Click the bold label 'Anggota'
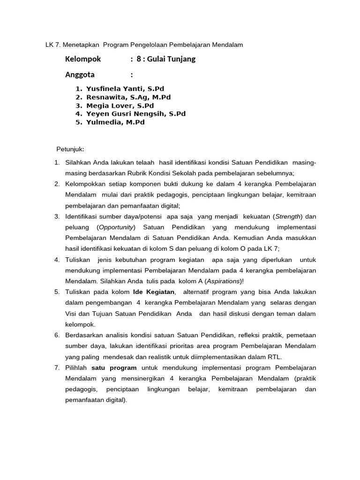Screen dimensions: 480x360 point(80,75)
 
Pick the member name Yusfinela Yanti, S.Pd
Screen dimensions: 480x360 point(125,89)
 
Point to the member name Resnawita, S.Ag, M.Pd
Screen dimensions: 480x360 point(128,97)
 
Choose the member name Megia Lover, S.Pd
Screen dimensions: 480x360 point(120,105)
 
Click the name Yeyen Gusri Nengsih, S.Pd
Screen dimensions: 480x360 point(136,114)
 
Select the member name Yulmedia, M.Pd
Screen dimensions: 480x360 point(115,122)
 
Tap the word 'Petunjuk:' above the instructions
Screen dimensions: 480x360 point(70,149)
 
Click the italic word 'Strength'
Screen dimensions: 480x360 point(288,216)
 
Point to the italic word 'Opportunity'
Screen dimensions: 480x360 point(116,227)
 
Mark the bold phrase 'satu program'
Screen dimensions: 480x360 point(114,367)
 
